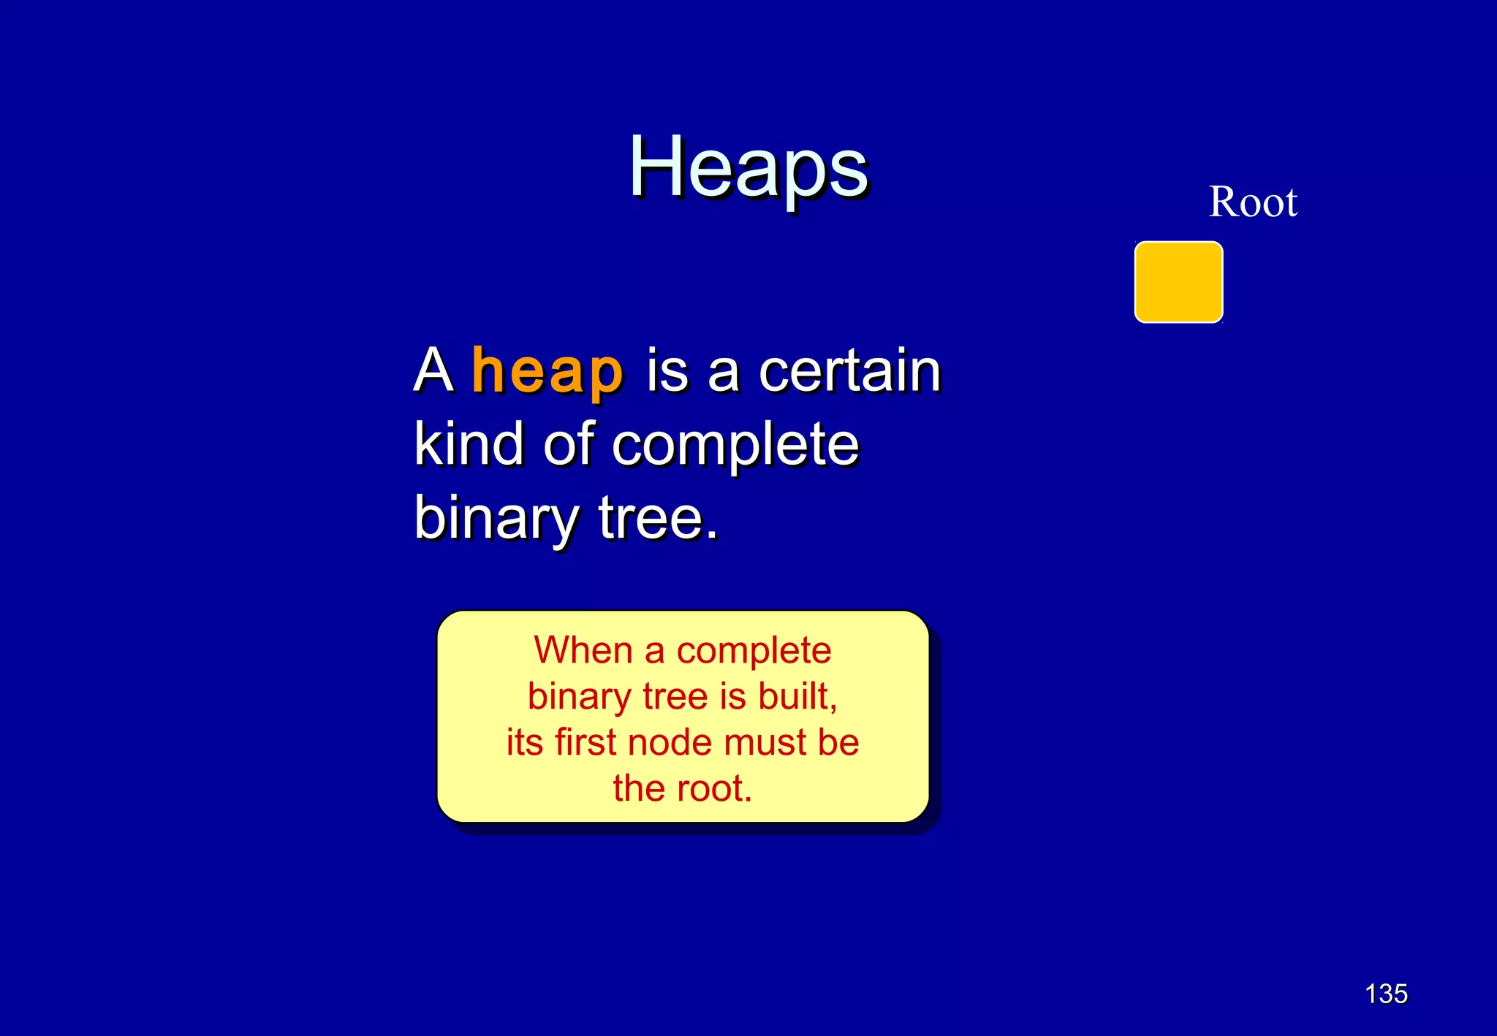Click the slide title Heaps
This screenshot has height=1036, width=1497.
tap(748, 168)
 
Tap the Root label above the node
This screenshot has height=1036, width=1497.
tap(1253, 202)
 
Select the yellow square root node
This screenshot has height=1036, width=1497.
tap(1178, 282)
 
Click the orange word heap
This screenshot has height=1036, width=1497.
tap(547, 371)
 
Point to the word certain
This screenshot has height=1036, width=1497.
tap(849, 371)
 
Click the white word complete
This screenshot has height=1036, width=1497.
tap(735, 446)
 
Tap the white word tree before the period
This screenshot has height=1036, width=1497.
tap(651, 517)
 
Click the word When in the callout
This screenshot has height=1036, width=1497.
tap(583, 650)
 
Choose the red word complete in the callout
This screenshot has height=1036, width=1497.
tap(754, 651)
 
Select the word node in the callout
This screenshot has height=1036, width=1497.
tap(660, 742)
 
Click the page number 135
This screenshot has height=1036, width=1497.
tap(1386, 994)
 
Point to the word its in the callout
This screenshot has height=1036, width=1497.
tap(524, 742)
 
